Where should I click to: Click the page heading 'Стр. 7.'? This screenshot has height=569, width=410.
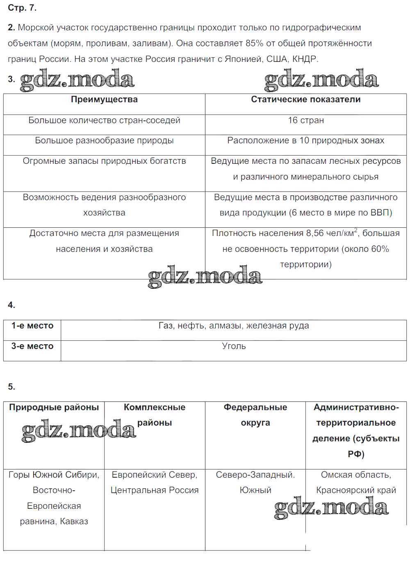22,8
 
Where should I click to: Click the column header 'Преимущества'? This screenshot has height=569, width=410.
104,100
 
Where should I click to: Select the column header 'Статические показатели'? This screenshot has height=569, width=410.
305,100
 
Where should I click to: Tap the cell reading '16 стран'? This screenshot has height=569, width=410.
306,120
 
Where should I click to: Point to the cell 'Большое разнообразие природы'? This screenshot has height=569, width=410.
104,141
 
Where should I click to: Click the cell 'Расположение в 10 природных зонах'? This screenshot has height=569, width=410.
306,141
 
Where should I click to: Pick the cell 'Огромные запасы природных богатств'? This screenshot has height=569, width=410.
104,161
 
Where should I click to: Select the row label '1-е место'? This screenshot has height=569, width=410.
32,326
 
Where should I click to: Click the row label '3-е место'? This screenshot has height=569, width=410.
32,346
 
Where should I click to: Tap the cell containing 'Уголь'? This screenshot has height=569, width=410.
234,346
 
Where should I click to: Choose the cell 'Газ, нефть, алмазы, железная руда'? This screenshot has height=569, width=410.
234,326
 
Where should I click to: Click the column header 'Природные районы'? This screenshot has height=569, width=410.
54,408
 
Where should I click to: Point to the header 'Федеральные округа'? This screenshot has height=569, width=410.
255,415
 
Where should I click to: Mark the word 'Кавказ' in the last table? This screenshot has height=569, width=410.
74,521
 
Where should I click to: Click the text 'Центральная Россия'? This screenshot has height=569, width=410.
155,490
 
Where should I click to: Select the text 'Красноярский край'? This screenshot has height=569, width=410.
356,490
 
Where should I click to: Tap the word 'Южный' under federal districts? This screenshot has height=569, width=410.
255,490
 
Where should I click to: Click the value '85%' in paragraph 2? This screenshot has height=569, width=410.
254,43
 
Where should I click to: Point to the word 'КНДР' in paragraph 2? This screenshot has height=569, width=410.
305,59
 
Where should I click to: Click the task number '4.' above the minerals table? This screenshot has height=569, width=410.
11,305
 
